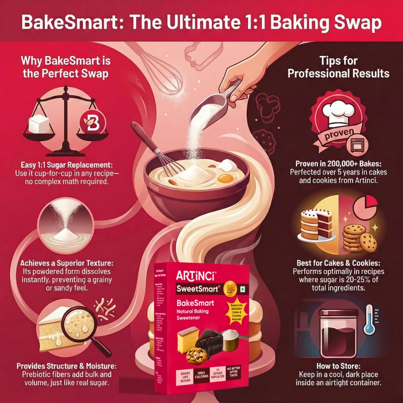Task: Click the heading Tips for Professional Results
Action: pos(338,67)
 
